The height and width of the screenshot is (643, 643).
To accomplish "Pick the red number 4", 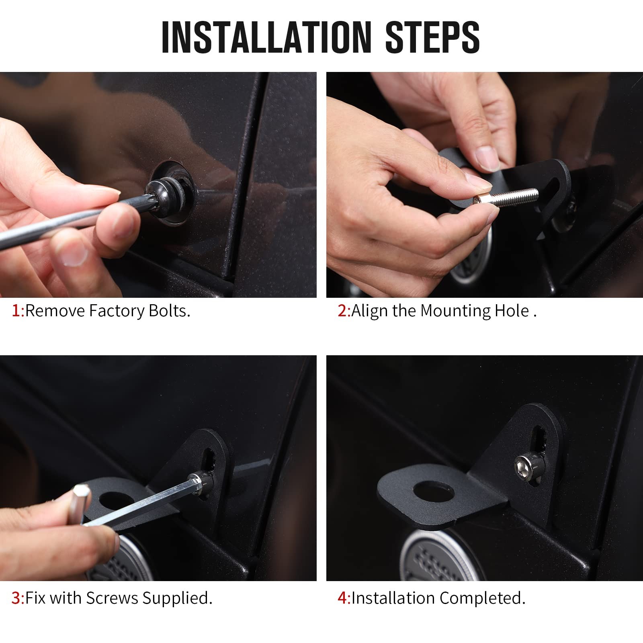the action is pos(343,598).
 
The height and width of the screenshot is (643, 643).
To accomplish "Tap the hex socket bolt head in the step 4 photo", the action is pos(524,466).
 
